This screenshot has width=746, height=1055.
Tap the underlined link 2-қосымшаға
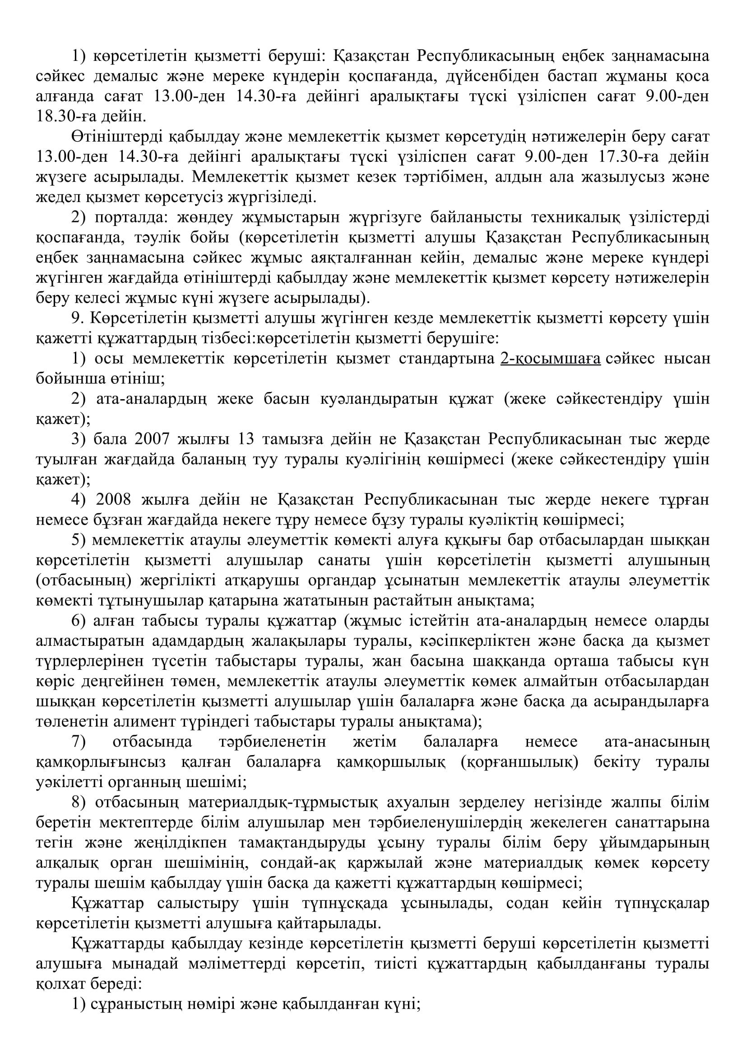[550, 359]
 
